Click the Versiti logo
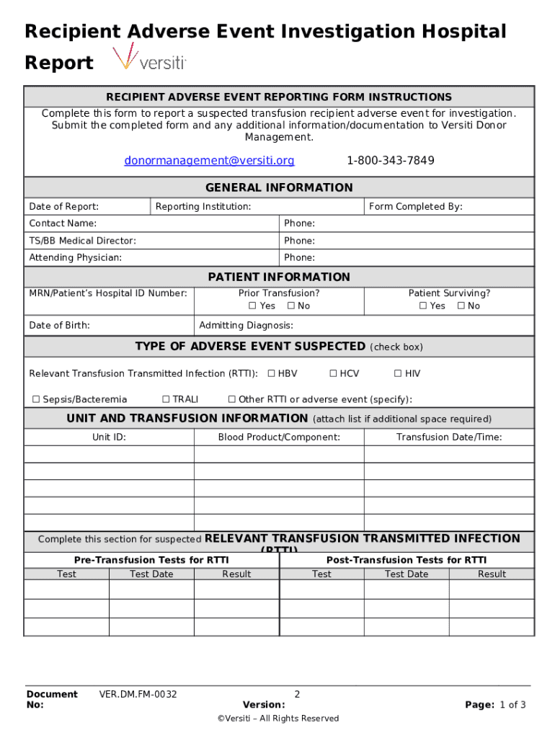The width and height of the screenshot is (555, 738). pyautogui.click(x=149, y=58)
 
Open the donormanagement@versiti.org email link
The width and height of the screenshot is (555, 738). pyautogui.click(x=209, y=161)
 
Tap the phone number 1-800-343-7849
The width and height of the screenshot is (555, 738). pyautogui.click(x=390, y=161)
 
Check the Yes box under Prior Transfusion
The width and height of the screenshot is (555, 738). pyautogui.click(x=253, y=306)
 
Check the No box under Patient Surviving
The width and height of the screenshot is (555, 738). pyautogui.click(x=460, y=306)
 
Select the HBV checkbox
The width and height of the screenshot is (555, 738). pyautogui.click(x=272, y=373)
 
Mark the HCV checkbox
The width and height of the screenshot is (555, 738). pyautogui.click(x=334, y=373)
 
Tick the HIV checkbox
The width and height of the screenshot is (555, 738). pyautogui.click(x=398, y=373)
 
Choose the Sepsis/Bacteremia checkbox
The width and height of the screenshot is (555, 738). pyautogui.click(x=36, y=399)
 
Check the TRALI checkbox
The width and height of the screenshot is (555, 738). pyautogui.click(x=166, y=399)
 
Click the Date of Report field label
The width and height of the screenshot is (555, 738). pyautogui.click(x=64, y=207)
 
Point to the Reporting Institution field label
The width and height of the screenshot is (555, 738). pyautogui.click(x=203, y=207)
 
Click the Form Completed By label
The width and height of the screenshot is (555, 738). pyautogui.click(x=415, y=207)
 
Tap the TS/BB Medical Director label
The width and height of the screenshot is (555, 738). pyautogui.click(x=82, y=241)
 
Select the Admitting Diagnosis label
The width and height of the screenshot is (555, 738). pyautogui.click(x=246, y=326)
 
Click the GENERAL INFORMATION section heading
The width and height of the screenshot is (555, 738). pyautogui.click(x=279, y=188)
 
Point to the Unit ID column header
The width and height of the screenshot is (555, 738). pyautogui.click(x=109, y=437)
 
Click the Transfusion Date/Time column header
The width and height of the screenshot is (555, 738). pyautogui.click(x=449, y=437)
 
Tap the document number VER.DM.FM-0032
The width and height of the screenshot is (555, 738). pyautogui.click(x=138, y=695)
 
